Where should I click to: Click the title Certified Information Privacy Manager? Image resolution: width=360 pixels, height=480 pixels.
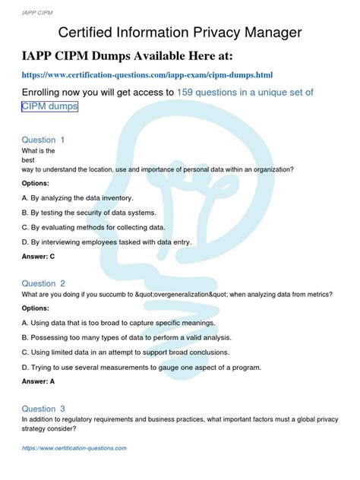[180, 33]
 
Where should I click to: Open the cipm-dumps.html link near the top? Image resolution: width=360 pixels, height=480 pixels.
[147, 75]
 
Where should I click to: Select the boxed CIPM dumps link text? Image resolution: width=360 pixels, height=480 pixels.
[49, 107]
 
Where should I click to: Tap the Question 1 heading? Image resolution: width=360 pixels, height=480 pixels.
[43, 140]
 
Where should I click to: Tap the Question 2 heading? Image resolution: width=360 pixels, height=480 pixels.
[43, 283]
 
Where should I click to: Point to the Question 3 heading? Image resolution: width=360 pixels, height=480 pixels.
[43, 408]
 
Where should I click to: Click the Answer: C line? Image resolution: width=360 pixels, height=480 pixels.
[39, 257]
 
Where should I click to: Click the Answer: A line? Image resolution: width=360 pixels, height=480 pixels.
[39, 383]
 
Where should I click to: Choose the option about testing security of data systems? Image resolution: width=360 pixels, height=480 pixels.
[89, 213]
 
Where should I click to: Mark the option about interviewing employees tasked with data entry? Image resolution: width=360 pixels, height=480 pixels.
[106, 242]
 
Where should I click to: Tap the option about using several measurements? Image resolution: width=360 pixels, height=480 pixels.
[141, 368]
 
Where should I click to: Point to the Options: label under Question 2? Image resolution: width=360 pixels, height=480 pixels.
[36, 308]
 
